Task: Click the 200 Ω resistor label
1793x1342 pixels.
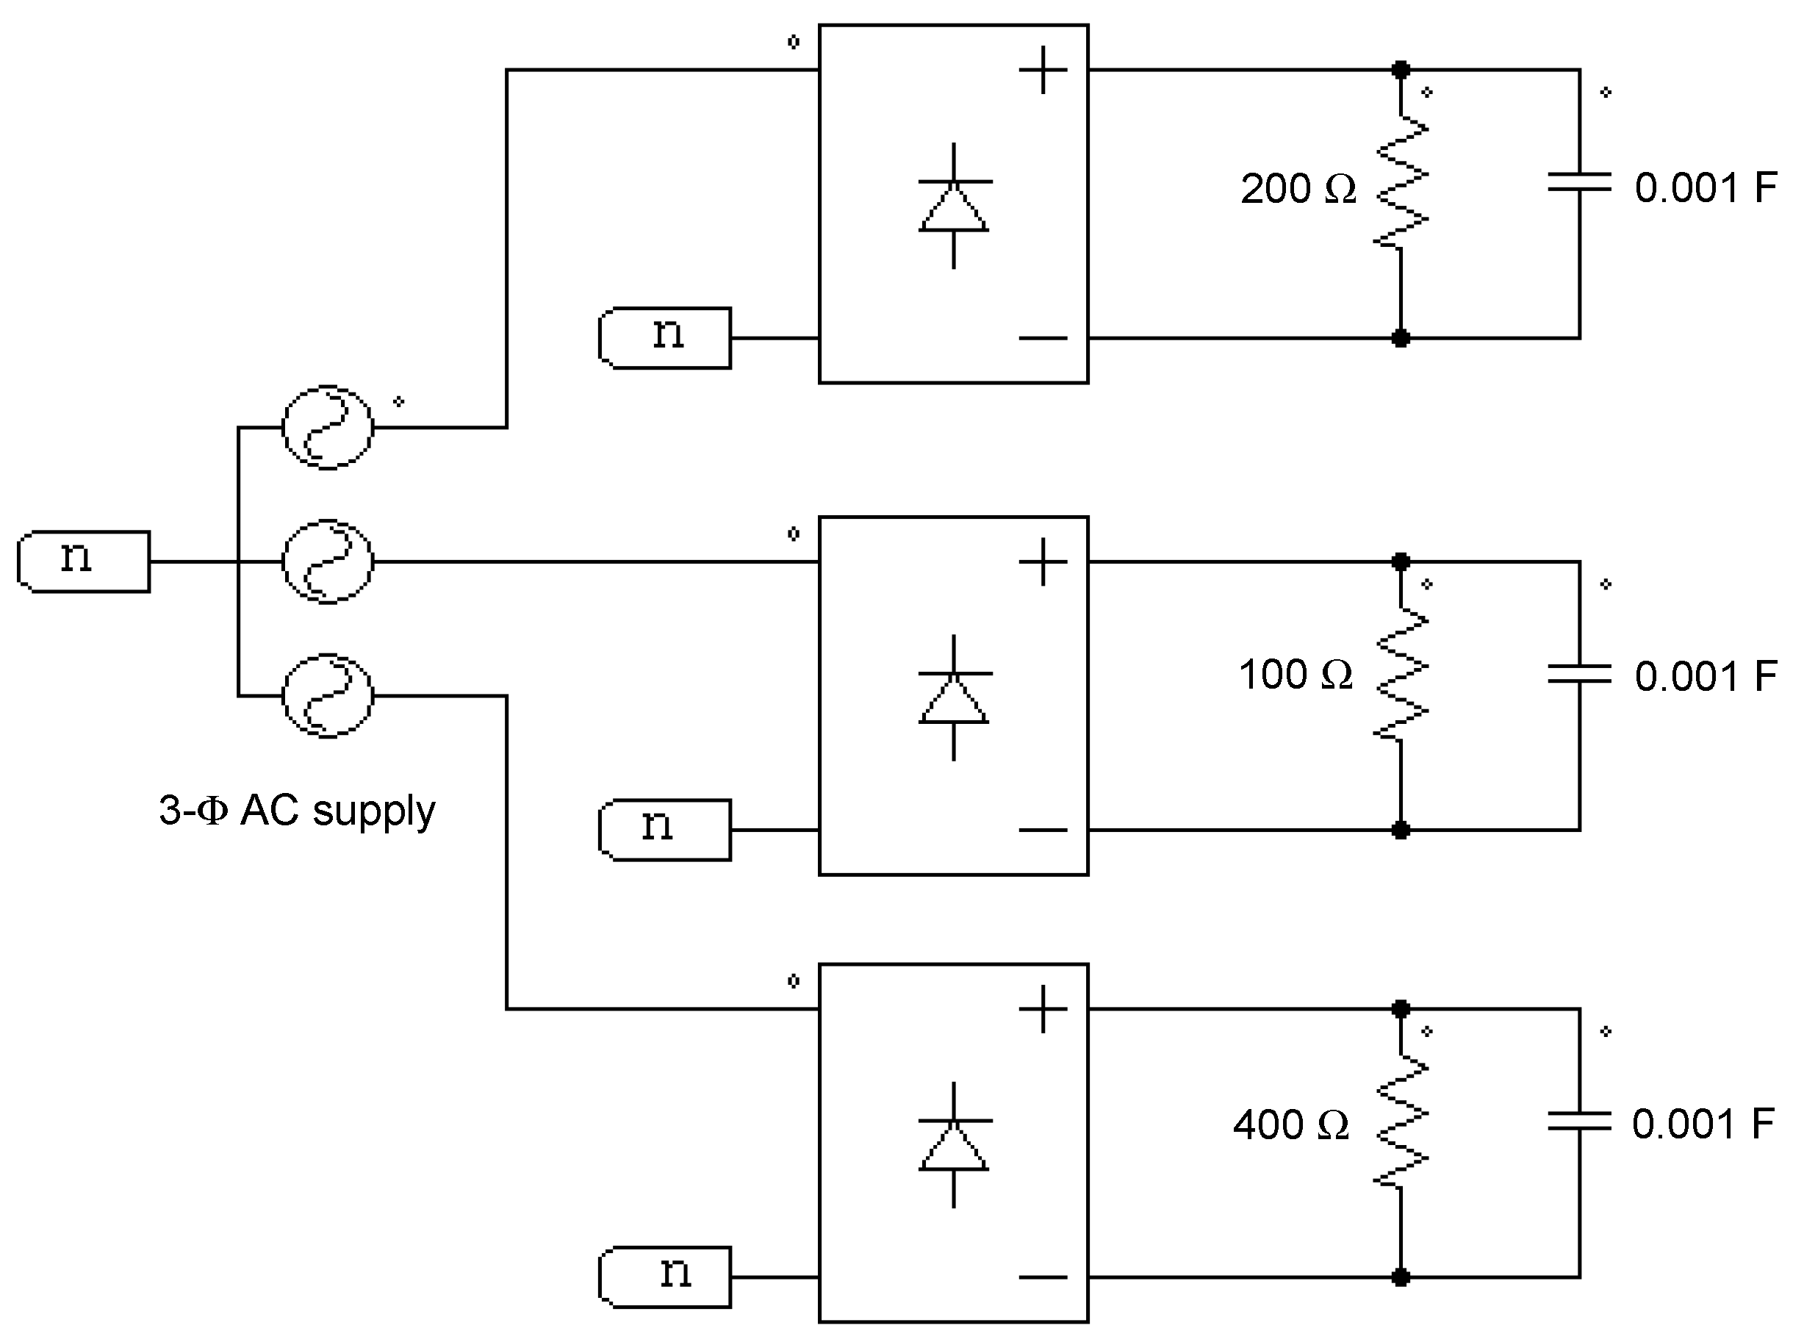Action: coord(1298,189)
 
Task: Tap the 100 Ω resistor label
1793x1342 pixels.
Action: coord(1296,675)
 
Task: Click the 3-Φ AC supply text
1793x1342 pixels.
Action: coord(297,810)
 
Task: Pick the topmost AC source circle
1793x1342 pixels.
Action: coord(328,427)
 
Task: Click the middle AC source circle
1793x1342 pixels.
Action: coord(328,561)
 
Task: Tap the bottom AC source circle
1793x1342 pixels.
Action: coord(328,696)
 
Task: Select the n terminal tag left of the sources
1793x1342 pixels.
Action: coord(84,561)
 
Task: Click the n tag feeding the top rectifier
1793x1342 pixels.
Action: coord(665,337)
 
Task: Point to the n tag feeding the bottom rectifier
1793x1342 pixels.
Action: coord(665,1277)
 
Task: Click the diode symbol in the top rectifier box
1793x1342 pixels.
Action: coord(954,207)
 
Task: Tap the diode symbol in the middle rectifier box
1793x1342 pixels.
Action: coord(954,698)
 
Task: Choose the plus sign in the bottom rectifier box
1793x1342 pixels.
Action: coord(1043,1009)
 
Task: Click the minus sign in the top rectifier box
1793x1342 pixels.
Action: coord(1043,338)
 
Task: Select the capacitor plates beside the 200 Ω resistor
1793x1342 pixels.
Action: coord(1579,182)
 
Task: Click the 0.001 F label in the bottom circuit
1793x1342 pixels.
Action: coord(1702,1124)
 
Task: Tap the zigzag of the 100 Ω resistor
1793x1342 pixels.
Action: coord(1401,675)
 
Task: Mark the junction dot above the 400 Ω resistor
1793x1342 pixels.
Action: coord(1401,1009)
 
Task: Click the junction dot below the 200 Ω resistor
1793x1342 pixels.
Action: coord(1401,338)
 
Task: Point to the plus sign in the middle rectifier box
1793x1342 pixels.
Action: coord(1043,561)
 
